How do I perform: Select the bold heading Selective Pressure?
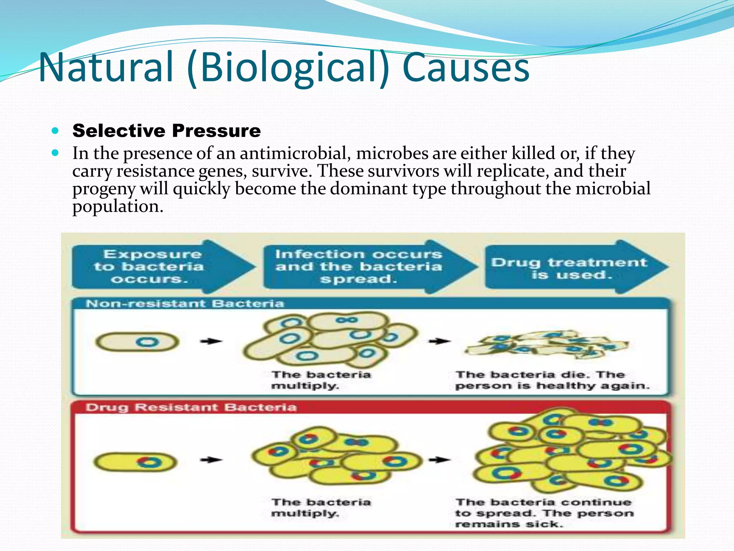coord(166,131)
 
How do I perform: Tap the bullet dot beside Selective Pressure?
coord(55,131)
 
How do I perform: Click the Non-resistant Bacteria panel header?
coord(185,304)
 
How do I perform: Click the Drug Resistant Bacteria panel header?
coord(191,408)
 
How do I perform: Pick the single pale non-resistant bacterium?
coord(137,342)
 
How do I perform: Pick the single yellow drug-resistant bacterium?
coord(135,462)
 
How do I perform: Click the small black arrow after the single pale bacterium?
coord(211,341)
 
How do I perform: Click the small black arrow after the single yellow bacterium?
coord(211,460)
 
